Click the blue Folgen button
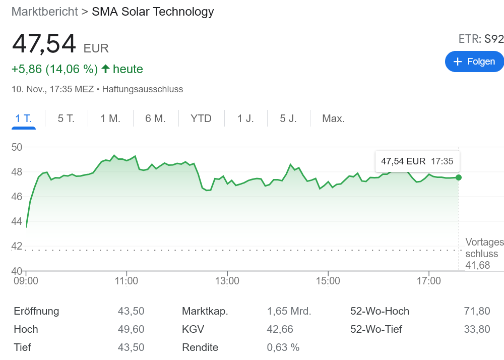[474, 62]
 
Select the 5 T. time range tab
[66, 119]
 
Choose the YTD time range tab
[201, 119]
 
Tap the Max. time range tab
[333, 119]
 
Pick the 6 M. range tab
[155, 119]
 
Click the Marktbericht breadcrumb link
[45, 12]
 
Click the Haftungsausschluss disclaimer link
[142, 89]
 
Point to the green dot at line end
[458, 177]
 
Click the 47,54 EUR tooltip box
[417, 161]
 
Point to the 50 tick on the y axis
[18, 147]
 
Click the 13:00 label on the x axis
[227, 280]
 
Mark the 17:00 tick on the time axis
[428, 280]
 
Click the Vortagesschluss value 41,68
[477, 265]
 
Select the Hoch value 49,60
[131, 329]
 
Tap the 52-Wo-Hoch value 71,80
[477, 311]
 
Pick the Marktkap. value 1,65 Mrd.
[289, 311]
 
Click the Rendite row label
[200, 347]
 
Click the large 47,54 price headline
[44, 43]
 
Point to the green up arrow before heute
[105, 69]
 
